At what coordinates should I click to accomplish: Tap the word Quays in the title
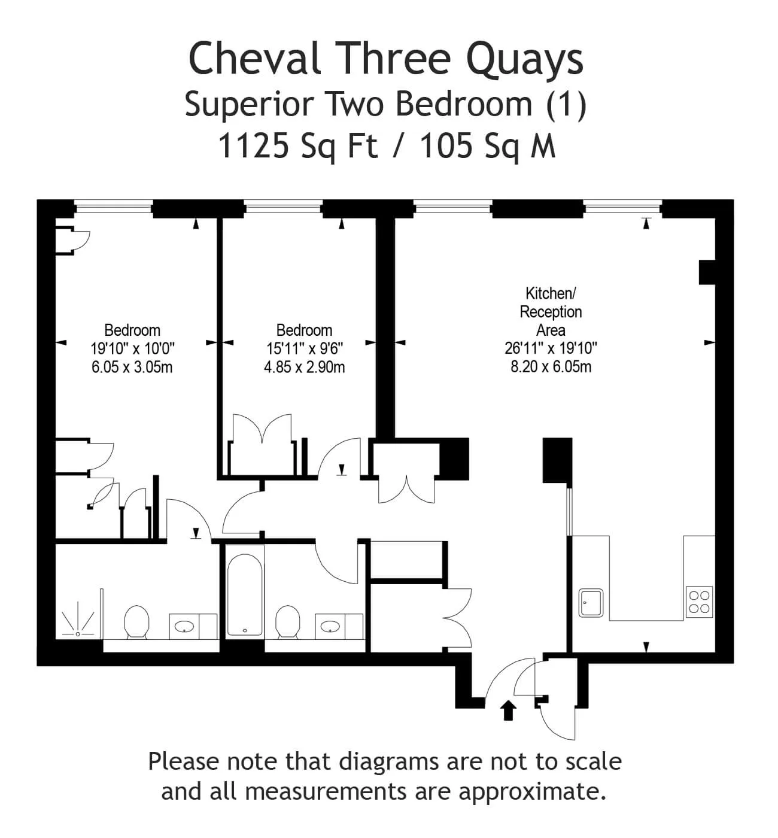click(524, 61)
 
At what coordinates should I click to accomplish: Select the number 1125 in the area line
click(254, 145)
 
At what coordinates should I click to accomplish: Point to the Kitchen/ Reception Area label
click(551, 311)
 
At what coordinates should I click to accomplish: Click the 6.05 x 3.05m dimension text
click(132, 367)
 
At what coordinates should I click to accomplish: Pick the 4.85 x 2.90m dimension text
click(304, 367)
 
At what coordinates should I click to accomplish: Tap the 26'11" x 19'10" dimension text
click(551, 348)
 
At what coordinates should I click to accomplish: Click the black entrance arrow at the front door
click(509, 711)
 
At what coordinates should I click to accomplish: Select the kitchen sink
click(591, 603)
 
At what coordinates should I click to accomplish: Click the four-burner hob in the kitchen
click(699, 602)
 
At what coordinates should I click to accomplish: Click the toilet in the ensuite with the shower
click(136, 621)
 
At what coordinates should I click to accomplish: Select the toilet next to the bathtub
click(288, 621)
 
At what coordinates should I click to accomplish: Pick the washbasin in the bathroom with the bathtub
click(330, 627)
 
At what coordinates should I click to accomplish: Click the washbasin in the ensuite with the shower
click(184, 627)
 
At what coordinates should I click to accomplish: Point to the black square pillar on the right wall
click(707, 272)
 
